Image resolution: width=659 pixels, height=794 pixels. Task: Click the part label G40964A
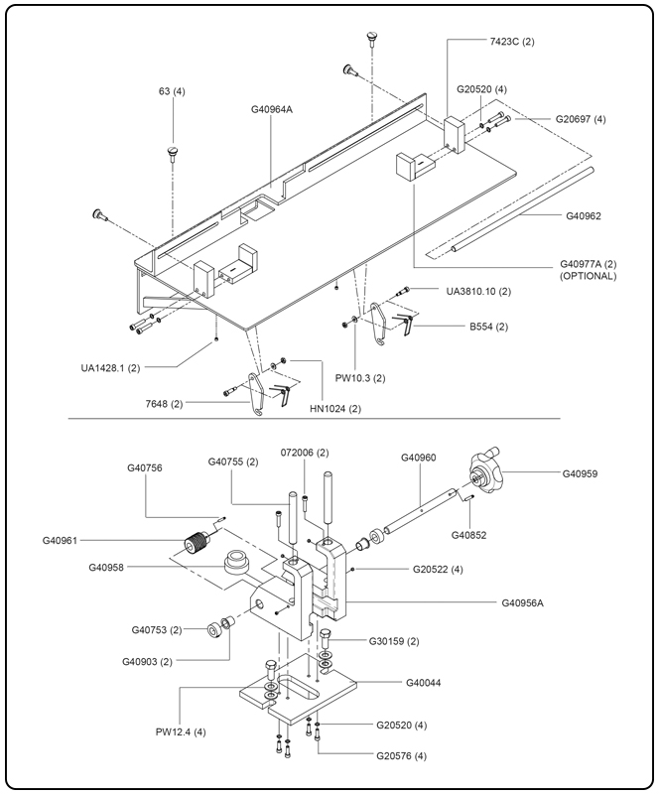(x=272, y=110)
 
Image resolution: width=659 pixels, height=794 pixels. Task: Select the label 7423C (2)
(x=511, y=42)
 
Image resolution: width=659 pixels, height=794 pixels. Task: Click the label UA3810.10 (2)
(x=479, y=291)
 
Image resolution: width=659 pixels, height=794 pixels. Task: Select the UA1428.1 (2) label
(x=110, y=367)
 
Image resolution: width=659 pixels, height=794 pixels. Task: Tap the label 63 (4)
(x=172, y=91)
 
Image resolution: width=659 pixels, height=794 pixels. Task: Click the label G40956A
(x=529, y=602)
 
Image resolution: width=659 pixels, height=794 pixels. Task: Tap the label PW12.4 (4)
(x=181, y=733)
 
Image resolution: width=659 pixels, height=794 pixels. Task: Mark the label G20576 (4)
(x=401, y=756)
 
